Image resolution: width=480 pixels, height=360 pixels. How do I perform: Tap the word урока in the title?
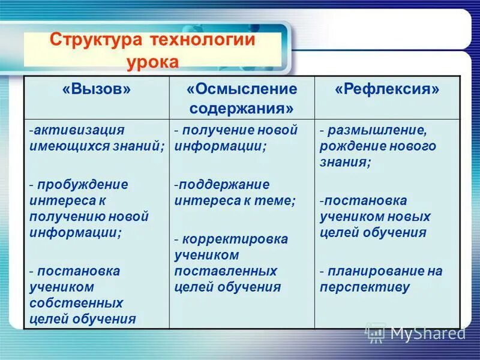[x=152, y=62]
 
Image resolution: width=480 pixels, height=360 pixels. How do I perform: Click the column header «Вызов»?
[x=96, y=89]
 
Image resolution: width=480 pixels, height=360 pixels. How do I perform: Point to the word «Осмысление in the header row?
[x=242, y=89]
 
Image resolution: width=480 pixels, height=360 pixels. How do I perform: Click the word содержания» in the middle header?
[x=242, y=109]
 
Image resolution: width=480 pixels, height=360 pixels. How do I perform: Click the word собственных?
[x=77, y=302]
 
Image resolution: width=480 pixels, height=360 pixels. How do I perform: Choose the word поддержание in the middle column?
[x=223, y=184]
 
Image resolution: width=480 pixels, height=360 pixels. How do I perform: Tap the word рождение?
[x=351, y=146]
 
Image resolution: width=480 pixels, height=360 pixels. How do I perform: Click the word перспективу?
[x=364, y=287]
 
